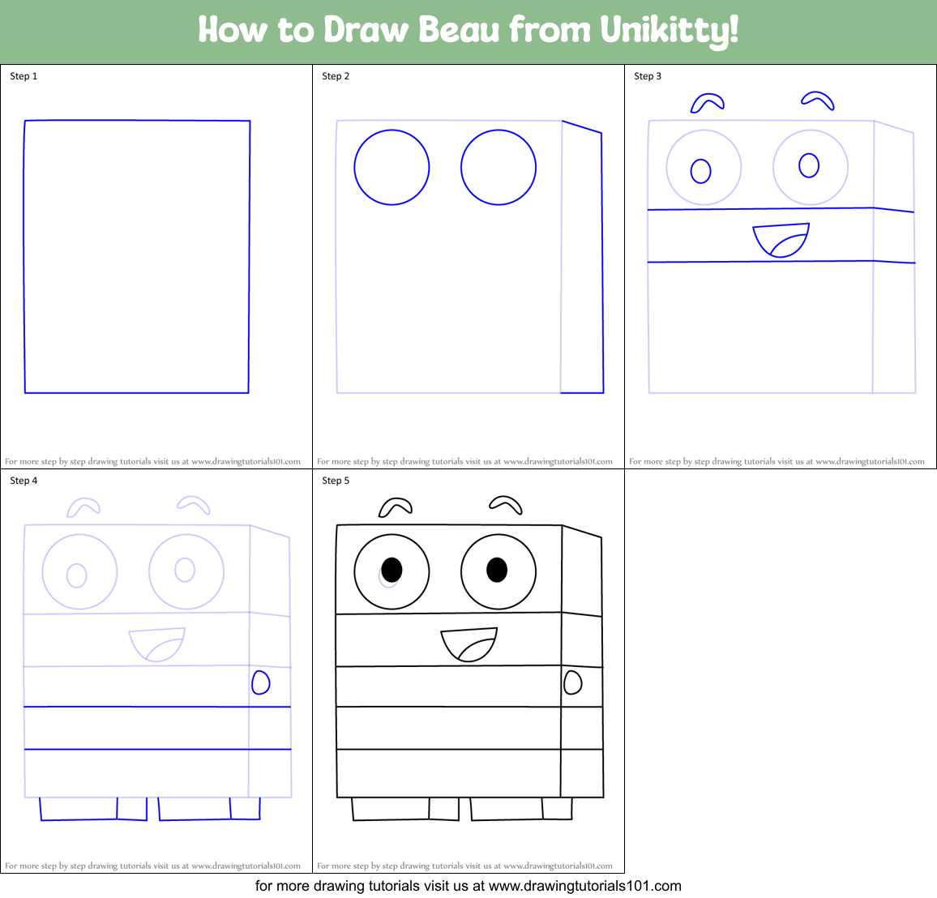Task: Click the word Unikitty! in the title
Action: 670,31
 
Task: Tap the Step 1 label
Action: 24,76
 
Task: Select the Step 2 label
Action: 336,76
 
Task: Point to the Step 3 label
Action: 648,76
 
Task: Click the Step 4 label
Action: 24,481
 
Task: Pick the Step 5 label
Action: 336,481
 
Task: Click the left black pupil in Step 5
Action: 391,569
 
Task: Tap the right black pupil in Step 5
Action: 497,569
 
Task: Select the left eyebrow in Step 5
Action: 395,508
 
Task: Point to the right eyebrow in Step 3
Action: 819,100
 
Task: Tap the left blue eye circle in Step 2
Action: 391,168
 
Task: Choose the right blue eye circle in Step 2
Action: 498,168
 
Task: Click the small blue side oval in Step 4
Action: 260,682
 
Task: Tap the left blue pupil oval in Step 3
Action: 701,171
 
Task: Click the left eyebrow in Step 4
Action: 83,508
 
